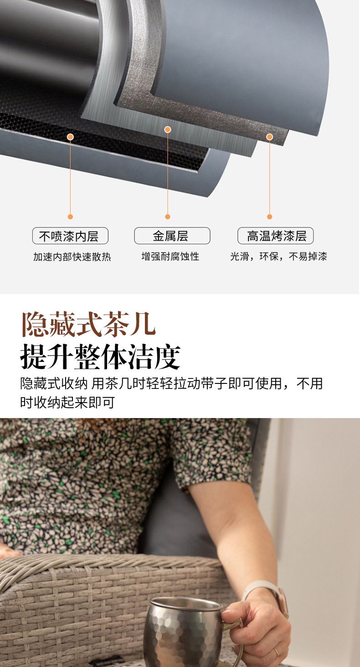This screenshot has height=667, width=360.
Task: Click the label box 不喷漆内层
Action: tap(70, 236)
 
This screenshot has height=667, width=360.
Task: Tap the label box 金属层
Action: tap(172, 236)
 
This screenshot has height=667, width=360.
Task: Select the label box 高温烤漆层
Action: tap(276, 236)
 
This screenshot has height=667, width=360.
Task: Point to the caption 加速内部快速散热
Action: tap(72, 257)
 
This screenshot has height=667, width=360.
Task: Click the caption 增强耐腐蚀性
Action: tap(170, 256)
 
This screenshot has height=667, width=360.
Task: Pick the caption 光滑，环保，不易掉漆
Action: tap(278, 256)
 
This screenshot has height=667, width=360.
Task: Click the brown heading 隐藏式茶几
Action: tap(88, 325)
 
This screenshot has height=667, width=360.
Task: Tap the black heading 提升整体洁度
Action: tap(100, 357)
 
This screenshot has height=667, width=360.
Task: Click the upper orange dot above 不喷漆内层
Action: tap(71, 137)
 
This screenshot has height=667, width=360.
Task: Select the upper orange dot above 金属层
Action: tap(168, 129)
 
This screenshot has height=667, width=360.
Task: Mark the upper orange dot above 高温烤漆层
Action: tap(270, 137)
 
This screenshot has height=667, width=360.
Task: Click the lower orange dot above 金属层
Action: tap(168, 217)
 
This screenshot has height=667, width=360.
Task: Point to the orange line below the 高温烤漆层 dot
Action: tap(270, 177)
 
